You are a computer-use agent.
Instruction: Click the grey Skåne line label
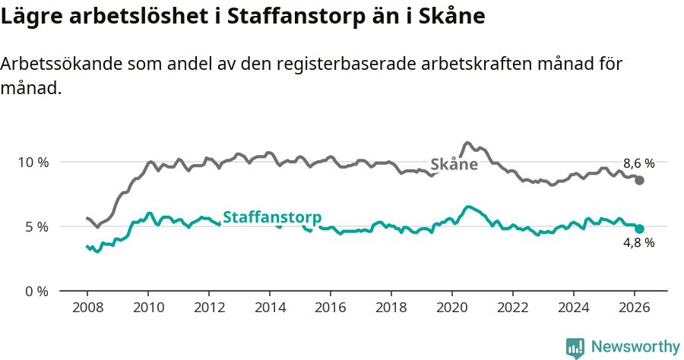(454, 164)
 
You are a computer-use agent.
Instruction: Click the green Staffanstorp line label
(272, 216)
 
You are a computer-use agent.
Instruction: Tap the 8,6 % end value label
(638, 163)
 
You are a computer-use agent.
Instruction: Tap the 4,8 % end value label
(638, 243)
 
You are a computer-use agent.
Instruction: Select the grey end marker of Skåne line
(640, 180)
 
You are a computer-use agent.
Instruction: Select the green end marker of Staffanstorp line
(640, 229)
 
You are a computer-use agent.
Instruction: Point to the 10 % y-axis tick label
(33, 162)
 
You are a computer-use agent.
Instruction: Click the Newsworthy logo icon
(575, 347)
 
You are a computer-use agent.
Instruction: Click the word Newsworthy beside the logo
(635, 347)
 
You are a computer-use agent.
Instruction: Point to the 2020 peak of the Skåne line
(468, 143)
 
